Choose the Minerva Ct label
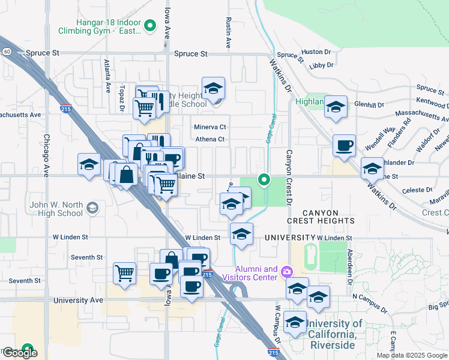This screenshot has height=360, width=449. click(x=209, y=127)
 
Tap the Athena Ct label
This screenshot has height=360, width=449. click(x=209, y=140)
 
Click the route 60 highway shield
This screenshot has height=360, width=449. click(x=6, y=52)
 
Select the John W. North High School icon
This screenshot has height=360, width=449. click(x=92, y=208)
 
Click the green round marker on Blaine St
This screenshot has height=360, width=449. click(x=263, y=179)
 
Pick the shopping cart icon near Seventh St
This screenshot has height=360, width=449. click(x=124, y=273)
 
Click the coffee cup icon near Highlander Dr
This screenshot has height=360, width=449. click(x=344, y=145)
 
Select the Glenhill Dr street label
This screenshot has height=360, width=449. click(x=369, y=104)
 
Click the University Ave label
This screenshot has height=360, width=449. click(x=78, y=300)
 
